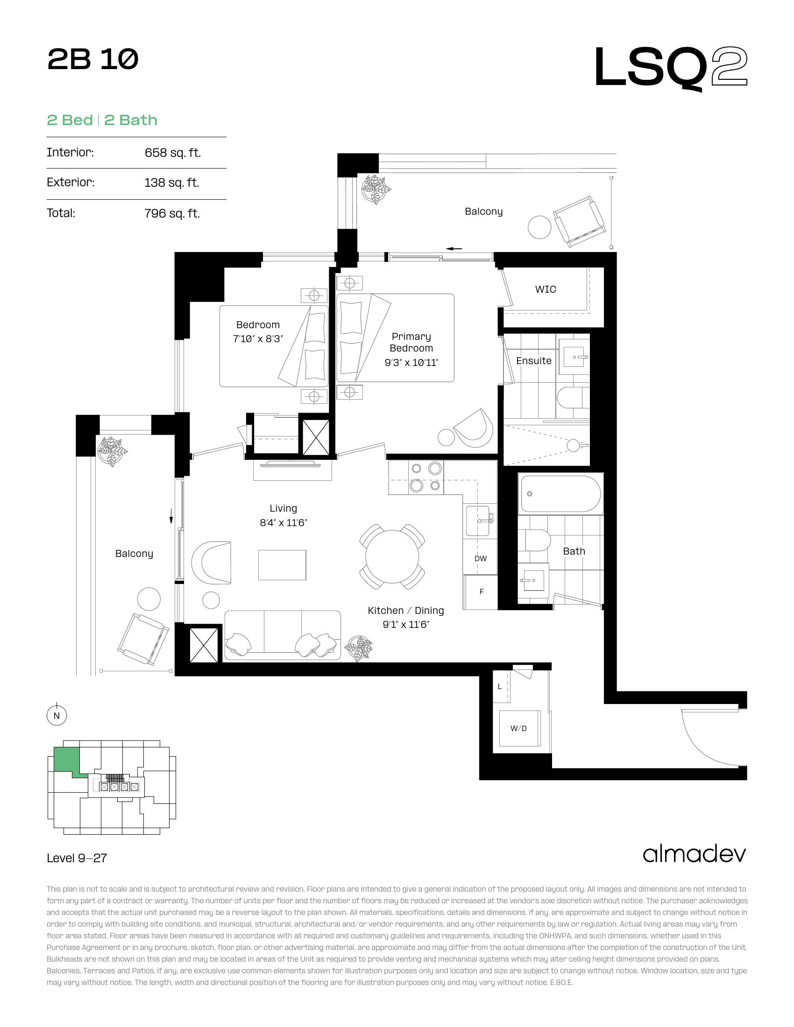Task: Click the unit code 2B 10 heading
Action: [92, 60]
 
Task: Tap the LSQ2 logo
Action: [671, 69]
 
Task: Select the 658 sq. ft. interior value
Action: [173, 153]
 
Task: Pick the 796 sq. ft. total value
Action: [172, 213]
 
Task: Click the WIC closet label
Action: [546, 290]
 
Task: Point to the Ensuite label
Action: [534, 361]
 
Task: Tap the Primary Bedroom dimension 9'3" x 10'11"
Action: [411, 363]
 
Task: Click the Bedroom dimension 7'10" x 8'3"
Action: [258, 339]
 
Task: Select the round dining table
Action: [392, 556]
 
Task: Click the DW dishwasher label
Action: [481, 559]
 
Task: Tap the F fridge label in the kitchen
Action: [482, 592]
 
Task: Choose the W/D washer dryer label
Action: [519, 728]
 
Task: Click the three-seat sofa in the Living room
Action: [283, 635]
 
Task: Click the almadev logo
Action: [694, 854]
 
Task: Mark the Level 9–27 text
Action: [77, 858]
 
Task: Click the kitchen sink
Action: [480, 521]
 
